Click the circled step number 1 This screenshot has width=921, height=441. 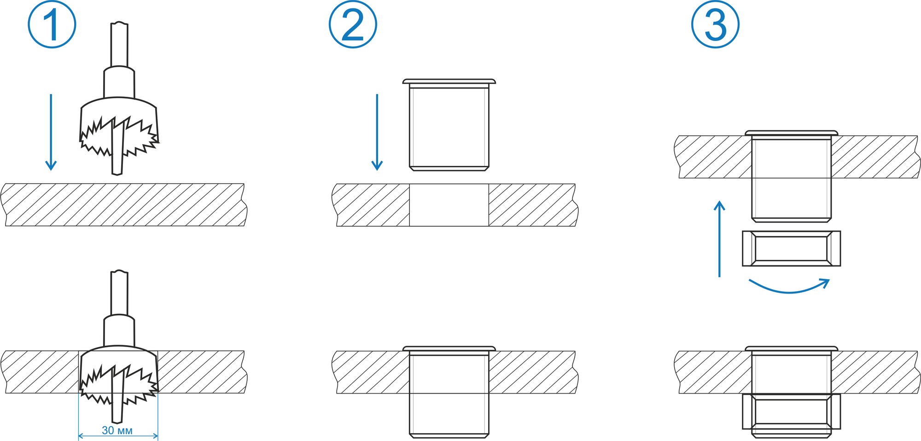tap(52, 24)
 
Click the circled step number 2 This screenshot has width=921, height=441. tap(353, 24)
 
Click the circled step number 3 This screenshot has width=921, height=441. tap(715, 24)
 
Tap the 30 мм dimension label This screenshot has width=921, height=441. tap(117, 430)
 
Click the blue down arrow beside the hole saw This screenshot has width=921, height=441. tap(51, 132)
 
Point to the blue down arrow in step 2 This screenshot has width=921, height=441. tap(377, 132)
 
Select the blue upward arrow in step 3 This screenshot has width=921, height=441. tap(719, 239)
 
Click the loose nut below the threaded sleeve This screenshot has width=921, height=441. tap(791, 248)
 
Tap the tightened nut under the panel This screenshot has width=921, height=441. tap(791, 412)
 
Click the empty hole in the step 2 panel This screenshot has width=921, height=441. tap(449, 205)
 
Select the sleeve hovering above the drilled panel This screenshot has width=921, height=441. tap(449, 125)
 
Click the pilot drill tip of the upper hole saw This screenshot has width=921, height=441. tap(117, 173)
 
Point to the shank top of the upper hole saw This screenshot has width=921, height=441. tap(119, 24)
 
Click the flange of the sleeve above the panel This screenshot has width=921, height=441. tap(449, 81)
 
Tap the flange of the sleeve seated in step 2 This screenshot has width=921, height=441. tap(449, 348)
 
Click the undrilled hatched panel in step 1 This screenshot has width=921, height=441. tap(124, 205)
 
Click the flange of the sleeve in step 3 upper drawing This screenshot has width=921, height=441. tap(791, 133)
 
